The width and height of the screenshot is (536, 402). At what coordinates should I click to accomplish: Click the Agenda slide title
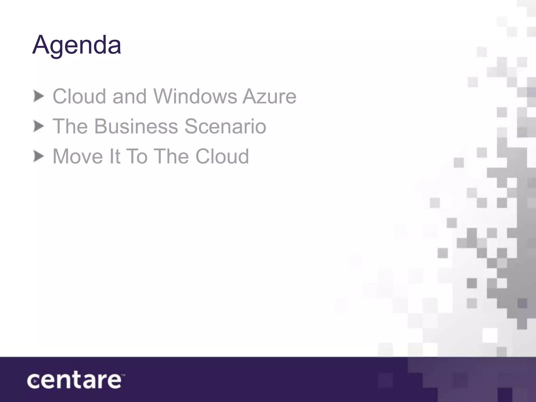[x=76, y=45]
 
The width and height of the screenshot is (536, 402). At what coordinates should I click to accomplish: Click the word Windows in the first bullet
[x=195, y=96]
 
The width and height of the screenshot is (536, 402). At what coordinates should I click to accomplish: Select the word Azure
[x=270, y=96]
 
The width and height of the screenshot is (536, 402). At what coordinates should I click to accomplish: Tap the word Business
[x=136, y=126]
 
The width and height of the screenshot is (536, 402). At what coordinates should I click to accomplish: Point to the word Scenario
[x=225, y=126]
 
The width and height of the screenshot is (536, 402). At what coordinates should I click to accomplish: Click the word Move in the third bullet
[x=78, y=157]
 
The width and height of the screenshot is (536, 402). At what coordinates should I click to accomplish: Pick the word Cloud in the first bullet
[x=79, y=96]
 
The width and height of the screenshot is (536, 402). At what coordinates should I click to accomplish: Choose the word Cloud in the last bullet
[x=222, y=157]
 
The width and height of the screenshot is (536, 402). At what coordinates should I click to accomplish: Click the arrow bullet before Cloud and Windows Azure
[x=39, y=96]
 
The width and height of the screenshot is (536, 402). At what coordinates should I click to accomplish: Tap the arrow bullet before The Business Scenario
[x=39, y=127]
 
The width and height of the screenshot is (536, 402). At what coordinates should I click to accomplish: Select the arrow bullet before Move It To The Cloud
[x=39, y=157]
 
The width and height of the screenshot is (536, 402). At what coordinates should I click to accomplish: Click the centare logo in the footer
[x=75, y=381]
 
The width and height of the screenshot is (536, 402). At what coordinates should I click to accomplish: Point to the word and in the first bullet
[x=129, y=96]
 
